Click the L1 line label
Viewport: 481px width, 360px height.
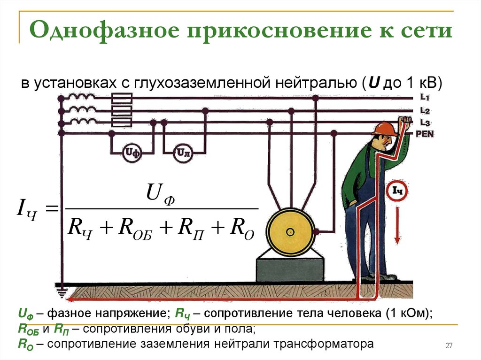point(425,98)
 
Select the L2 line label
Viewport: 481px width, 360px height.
point(425,111)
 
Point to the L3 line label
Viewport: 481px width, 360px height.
point(425,123)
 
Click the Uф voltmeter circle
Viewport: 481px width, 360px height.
point(132,153)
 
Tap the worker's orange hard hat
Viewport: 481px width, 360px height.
point(383,129)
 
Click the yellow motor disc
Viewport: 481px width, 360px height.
point(290,231)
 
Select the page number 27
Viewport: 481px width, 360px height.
point(449,346)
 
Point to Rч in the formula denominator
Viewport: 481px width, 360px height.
point(79,229)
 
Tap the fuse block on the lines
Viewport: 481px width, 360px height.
point(122,111)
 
